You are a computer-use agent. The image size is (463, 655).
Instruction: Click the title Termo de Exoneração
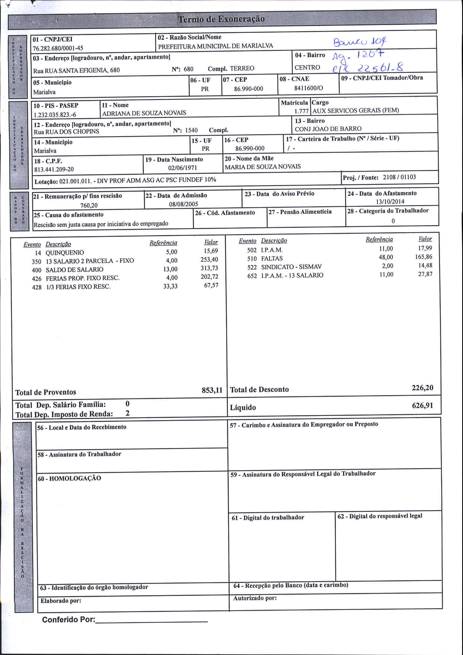pos(221,19)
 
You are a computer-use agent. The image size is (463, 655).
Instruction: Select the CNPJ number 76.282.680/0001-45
pos(58,48)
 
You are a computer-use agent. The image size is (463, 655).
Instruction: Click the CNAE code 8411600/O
pos(309,88)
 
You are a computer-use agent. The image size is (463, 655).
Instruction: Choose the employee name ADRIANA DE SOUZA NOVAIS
pos(144,113)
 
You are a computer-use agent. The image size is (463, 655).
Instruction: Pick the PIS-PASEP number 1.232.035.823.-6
pos(55,115)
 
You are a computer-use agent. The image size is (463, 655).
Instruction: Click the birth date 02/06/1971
pos(183,168)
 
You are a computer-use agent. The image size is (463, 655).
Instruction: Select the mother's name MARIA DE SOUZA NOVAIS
pos(263,166)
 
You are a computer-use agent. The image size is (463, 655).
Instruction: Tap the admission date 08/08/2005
pos(183,204)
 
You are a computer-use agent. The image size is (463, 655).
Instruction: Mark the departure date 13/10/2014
pos(390,202)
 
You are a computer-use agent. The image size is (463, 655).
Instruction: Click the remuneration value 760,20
pos(89,205)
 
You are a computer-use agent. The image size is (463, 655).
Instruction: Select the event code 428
pos(37,287)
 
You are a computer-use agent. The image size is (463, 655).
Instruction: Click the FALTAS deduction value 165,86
pos(424,257)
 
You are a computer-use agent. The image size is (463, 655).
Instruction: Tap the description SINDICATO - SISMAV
pos(291,267)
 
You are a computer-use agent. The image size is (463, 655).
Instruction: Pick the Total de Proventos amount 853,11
pos(212,390)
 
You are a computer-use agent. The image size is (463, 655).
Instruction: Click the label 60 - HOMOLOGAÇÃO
pos(69,479)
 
